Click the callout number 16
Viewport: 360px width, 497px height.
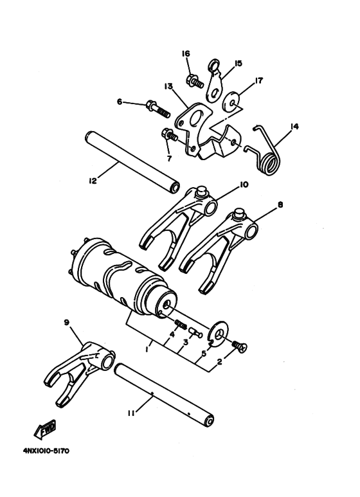point(186,54)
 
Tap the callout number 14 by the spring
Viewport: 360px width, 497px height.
point(294,127)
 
